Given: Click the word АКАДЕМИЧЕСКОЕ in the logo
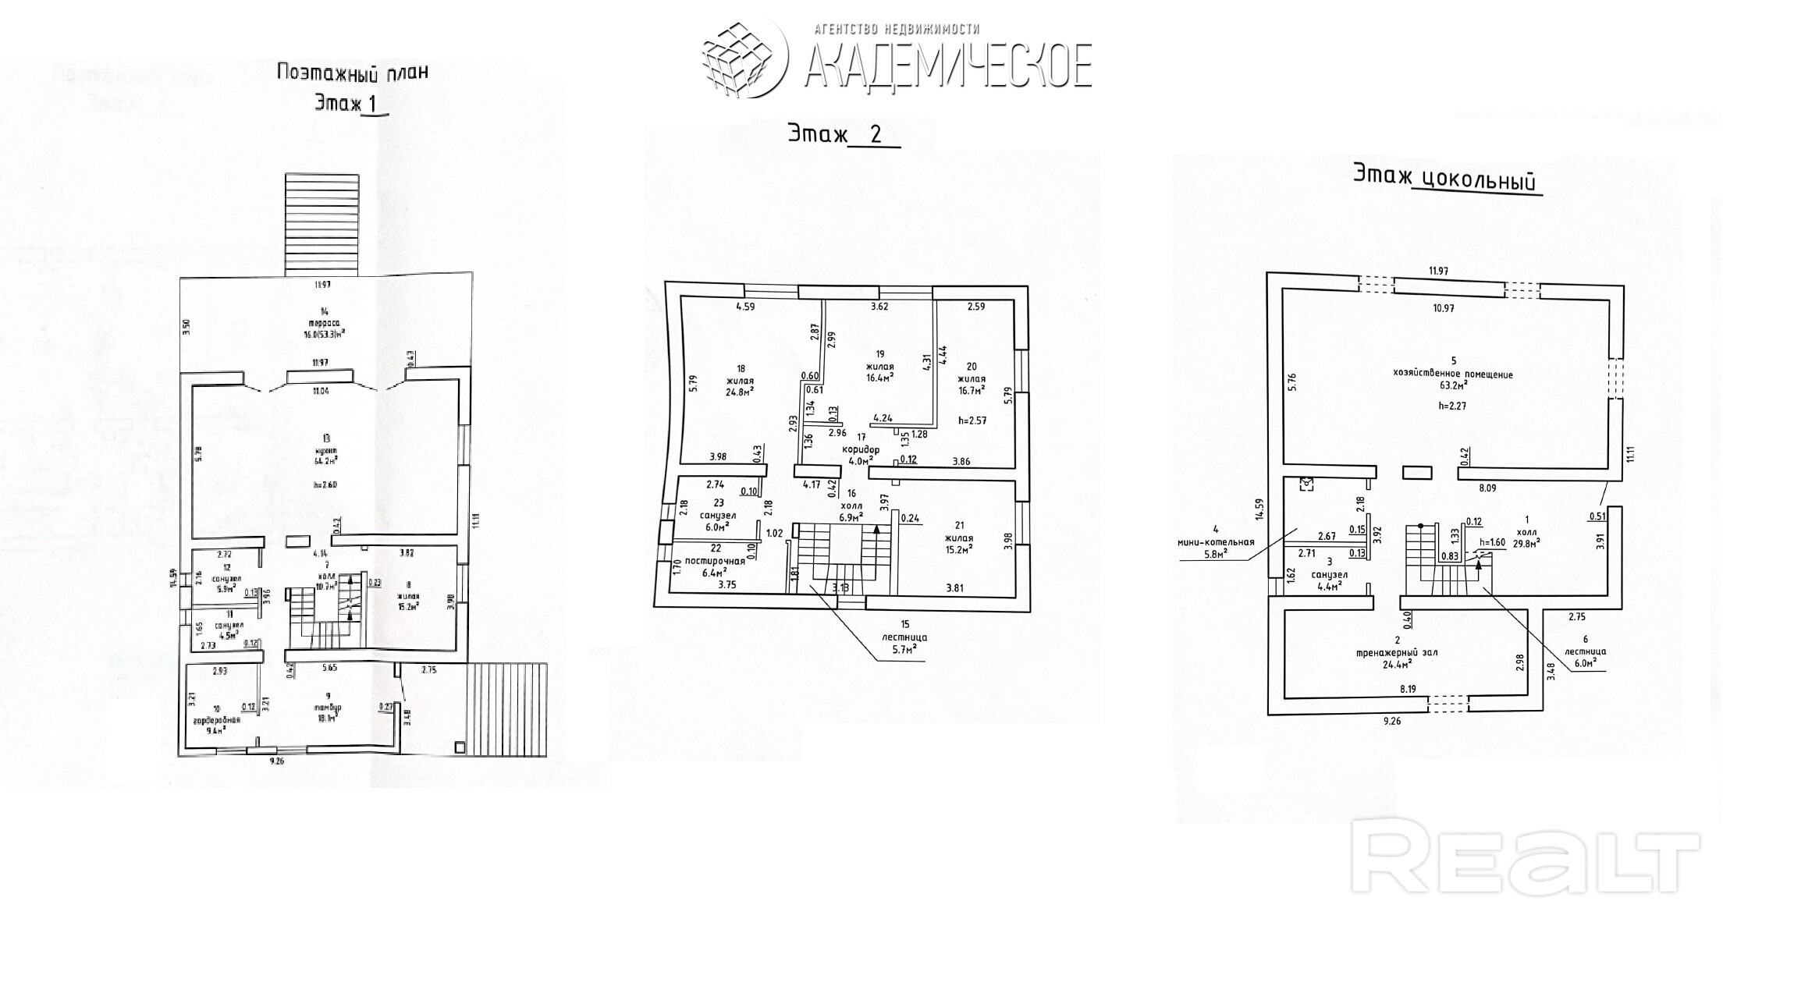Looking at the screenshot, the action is point(947,65).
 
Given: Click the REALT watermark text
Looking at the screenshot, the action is point(1525,862).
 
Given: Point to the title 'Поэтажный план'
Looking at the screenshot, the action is point(352,73).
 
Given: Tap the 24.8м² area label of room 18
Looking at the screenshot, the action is point(741,392).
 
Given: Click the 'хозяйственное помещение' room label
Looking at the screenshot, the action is point(1452,374).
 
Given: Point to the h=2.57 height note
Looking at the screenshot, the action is point(972,420).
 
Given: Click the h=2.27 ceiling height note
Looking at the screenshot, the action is point(1452,406).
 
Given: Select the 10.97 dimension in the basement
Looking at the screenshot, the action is point(1443,308).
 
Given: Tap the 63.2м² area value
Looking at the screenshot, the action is point(1452,385).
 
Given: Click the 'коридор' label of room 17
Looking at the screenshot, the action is point(861,450).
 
